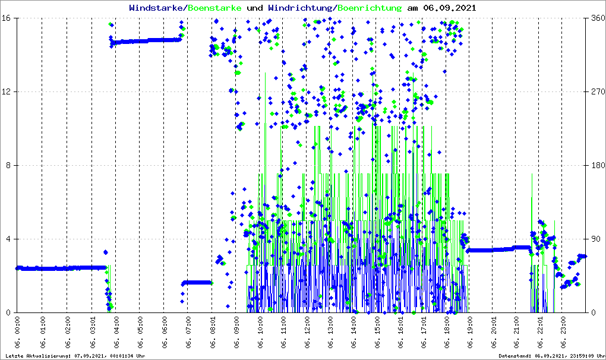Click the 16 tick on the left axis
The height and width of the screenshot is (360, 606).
pyautogui.click(x=10, y=18)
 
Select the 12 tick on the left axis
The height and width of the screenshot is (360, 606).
pyautogui.click(x=10, y=92)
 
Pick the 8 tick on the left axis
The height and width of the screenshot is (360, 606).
pyautogui.click(x=12, y=166)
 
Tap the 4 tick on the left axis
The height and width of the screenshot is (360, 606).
pyautogui.click(x=12, y=239)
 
